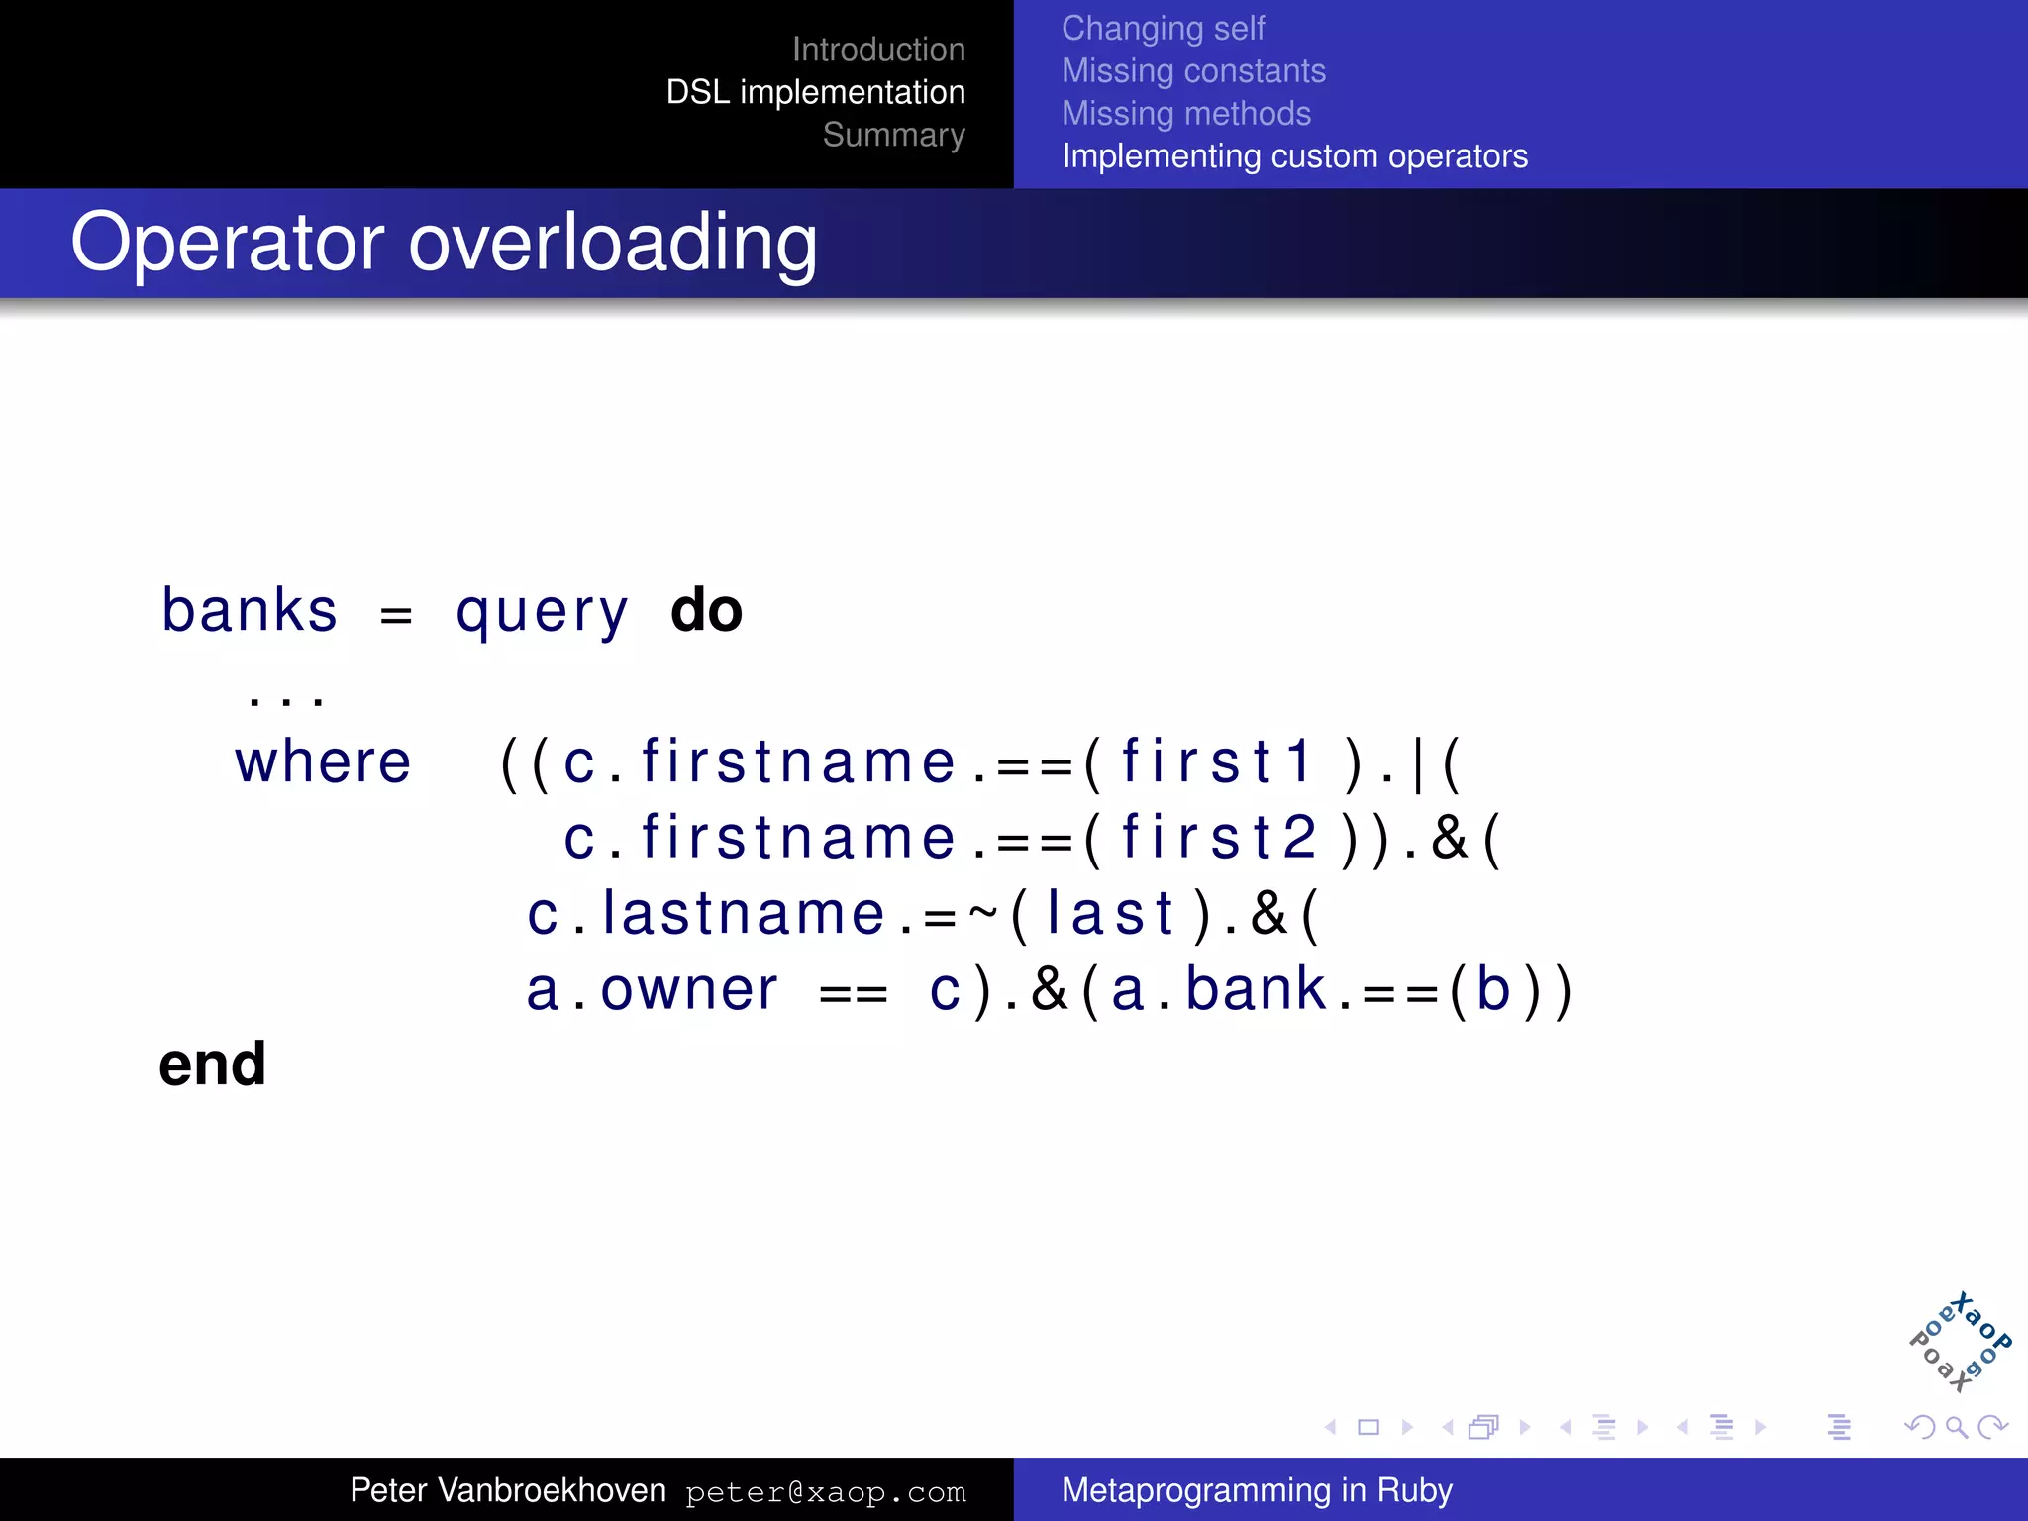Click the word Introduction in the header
[877, 50]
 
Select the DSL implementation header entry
[815, 92]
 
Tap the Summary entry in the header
[893, 135]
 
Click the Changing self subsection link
[1163, 29]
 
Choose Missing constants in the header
[1193, 71]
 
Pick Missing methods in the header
[1185, 114]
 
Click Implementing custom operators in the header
[1294, 156]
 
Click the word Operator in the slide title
[227, 243]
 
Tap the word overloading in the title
[613, 243]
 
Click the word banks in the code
[250, 610]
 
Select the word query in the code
[542, 612]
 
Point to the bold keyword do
[706, 610]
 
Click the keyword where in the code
[323, 762]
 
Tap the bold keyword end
[212, 1065]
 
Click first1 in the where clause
[1217, 761]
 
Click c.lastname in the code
[705, 913]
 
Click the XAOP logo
[1960, 1343]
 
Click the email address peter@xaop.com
[825, 1492]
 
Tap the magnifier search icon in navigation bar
[1956, 1427]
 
